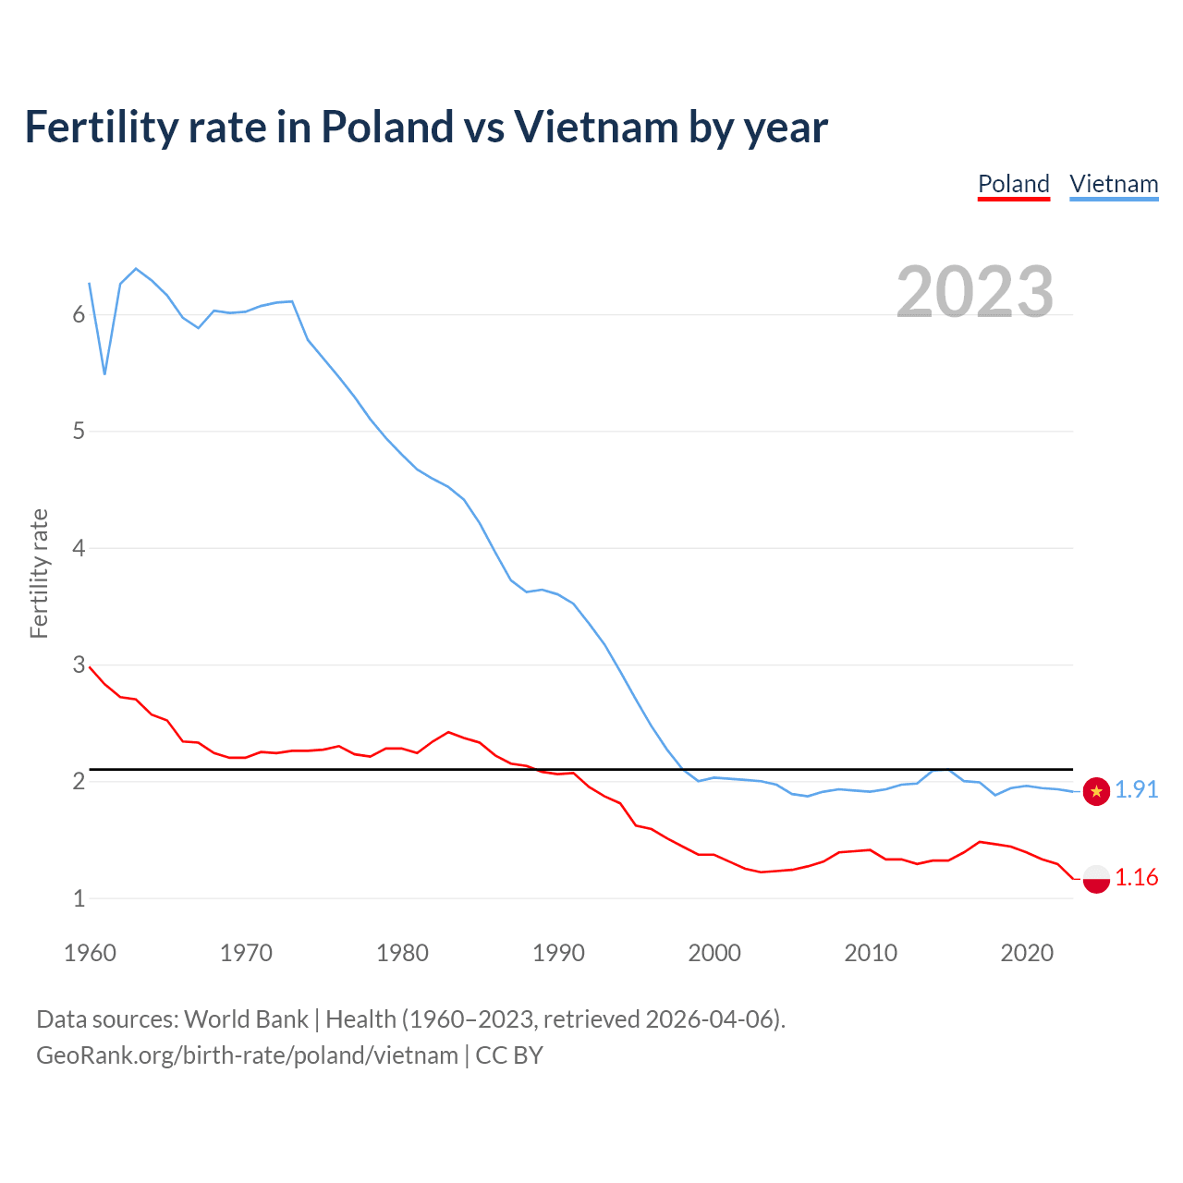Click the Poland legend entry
(x=1014, y=184)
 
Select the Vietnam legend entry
(x=1114, y=184)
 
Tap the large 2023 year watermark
(x=974, y=292)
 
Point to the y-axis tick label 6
(x=79, y=314)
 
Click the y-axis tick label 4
(x=79, y=548)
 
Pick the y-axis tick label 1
(x=79, y=898)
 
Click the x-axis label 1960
(x=90, y=953)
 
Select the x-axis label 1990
(x=558, y=953)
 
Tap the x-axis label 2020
(x=1027, y=953)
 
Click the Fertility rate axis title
(x=39, y=573)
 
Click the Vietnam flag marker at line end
(x=1096, y=791)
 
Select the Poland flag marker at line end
(x=1096, y=878)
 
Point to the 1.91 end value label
(x=1136, y=789)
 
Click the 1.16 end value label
(x=1136, y=877)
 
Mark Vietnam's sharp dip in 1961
(x=104, y=373)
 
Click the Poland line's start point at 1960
(x=90, y=666)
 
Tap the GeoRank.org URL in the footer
(x=247, y=1055)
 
